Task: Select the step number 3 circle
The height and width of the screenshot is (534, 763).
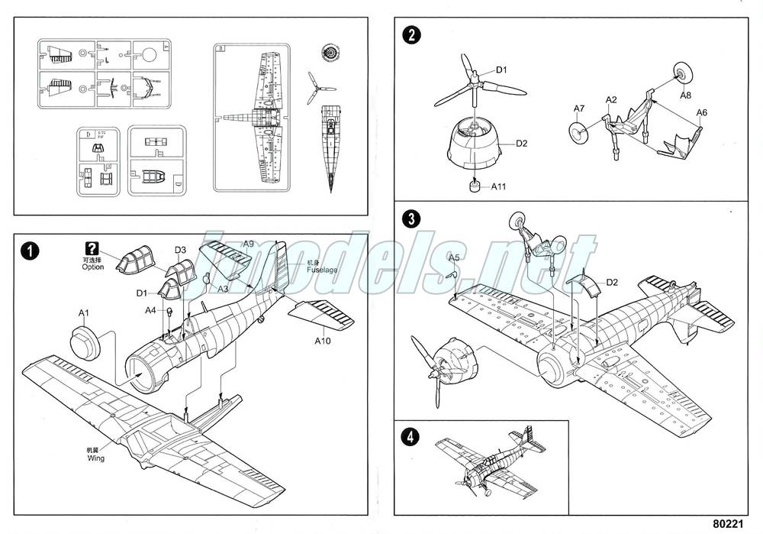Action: tap(412, 218)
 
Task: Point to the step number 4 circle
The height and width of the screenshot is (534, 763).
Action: tap(412, 438)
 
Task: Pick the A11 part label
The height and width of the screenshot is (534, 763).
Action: tap(499, 186)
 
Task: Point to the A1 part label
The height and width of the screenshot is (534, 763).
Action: tap(83, 312)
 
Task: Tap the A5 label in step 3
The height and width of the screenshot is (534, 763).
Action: tap(453, 257)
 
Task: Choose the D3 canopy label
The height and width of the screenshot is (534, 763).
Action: tap(181, 250)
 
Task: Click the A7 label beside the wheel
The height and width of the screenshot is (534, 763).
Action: tap(579, 108)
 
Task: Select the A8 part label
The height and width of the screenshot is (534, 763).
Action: tap(685, 95)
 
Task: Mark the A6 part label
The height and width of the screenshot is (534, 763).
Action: tap(702, 112)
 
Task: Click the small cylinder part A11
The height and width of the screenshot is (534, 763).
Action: tap(476, 186)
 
